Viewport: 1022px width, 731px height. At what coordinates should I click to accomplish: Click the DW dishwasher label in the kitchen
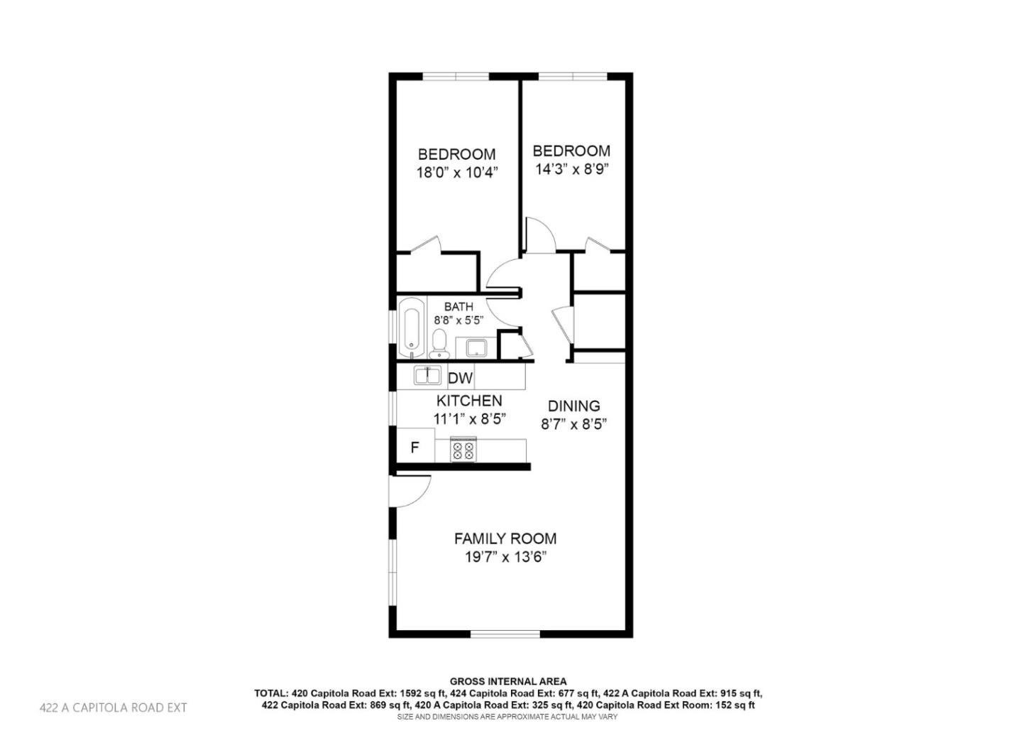pyautogui.click(x=460, y=378)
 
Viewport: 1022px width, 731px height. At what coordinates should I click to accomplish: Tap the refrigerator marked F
pyautogui.click(x=414, y=448)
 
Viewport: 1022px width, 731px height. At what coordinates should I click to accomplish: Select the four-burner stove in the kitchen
pyautogui.click(x=463, y=450)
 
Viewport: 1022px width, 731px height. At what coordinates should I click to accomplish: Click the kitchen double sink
pyautogui.click(x=427, y=376)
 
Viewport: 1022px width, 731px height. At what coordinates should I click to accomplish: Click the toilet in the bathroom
pyautogui.click(x=440, y=345)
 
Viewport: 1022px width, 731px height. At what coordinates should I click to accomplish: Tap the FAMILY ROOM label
pyautogui.click(x=505, y=538)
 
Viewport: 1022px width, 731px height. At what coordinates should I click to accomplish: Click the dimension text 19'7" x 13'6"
pyautogui.click(x=505, y=557)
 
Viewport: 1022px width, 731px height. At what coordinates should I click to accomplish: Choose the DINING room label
pyautogui.click(x=573, y=406)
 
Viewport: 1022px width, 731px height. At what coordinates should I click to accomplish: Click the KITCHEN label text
pyautogui.click(x=469, y=401)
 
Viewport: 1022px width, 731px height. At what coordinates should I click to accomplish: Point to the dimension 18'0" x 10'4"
pyautogui.click(x=456, y=172)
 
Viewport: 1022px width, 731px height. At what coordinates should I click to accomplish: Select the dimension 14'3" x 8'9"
pyautogui.click(x=571, y=169)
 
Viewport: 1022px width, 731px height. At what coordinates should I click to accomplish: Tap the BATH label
pyautogui.click(x=458, y=307)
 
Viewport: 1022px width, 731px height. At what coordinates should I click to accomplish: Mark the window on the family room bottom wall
pyautogui.click(x=505, y=633)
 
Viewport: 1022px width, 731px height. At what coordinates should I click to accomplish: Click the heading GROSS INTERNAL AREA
pyautogui.click(x=508, y=681)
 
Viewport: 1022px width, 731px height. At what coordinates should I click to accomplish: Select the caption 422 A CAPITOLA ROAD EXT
pyautogui.click(x=114, y=708)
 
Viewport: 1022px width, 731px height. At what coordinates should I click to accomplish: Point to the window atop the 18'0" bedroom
pyautogui.click(x=455, y=76)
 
